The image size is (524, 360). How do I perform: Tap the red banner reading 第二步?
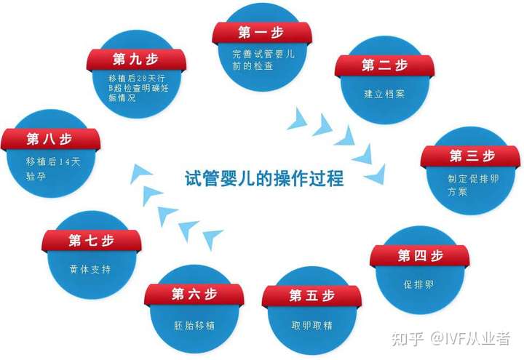(384, 65)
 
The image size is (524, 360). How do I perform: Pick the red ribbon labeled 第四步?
(420, 256)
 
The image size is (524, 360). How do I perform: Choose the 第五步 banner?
(311, 295)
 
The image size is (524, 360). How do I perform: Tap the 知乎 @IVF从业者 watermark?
(451, 338)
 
